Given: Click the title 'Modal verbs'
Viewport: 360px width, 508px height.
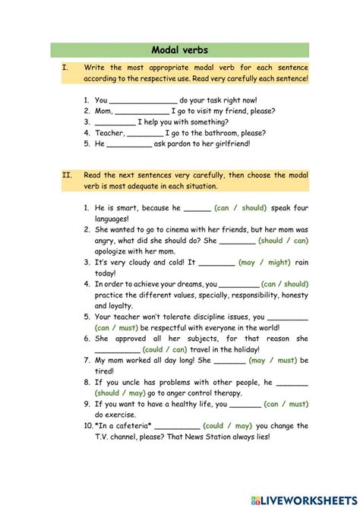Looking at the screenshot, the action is tap(180, 51).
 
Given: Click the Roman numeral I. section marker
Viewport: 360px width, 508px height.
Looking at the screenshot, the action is tap(65, 68).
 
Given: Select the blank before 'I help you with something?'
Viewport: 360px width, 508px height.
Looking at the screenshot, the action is tap(115, 121).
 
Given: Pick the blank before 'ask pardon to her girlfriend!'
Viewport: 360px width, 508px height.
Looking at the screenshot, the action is tap(131, 143).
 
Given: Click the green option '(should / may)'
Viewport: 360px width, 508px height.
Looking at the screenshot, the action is tap(125, 393).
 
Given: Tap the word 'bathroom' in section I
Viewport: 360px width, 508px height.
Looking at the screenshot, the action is tap(221, 132).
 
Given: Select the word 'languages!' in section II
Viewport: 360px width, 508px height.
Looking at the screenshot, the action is tap(116, 218).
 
